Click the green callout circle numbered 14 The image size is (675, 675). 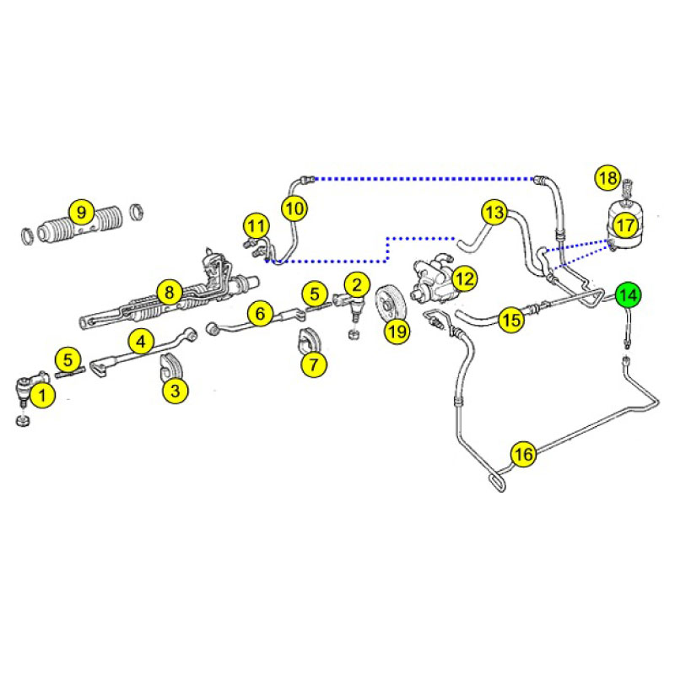pos(628,295)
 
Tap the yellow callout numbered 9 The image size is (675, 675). pos(81,212)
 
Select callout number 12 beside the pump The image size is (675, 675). pos(465,279)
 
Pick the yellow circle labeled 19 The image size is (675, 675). pos(397,331)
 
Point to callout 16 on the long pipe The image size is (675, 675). pos(523,454)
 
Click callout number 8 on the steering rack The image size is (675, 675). pos(170,292)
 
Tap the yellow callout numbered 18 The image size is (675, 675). pos(607,178)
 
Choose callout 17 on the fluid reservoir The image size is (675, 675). pos(625,224)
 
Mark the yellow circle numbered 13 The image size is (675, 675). pos(494,213)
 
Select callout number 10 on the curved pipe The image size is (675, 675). pos(294,208)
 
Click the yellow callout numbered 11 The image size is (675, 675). pos(256,225)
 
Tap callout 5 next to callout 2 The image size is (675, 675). pos(315,294)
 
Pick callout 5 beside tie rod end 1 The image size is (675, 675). pos(68,359)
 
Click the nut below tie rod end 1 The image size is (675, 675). pos(23,420)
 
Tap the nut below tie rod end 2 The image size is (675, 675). pos(354,334)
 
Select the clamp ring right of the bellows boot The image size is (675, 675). pos(137,212)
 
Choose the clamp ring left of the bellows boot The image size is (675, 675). pos(28,235)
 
